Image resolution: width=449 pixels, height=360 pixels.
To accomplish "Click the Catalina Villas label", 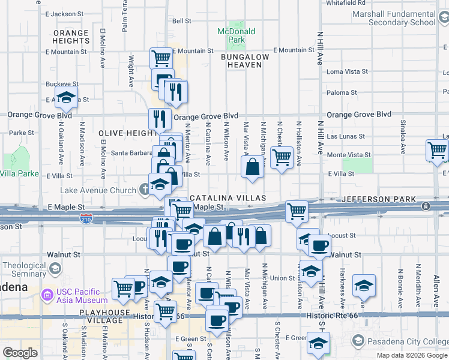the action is (228, 197).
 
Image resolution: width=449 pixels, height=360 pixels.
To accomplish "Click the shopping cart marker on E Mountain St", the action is (161, 58).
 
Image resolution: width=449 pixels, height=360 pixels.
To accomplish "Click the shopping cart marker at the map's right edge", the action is (437, 151).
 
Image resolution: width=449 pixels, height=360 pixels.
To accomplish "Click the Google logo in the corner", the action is (20, 353).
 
